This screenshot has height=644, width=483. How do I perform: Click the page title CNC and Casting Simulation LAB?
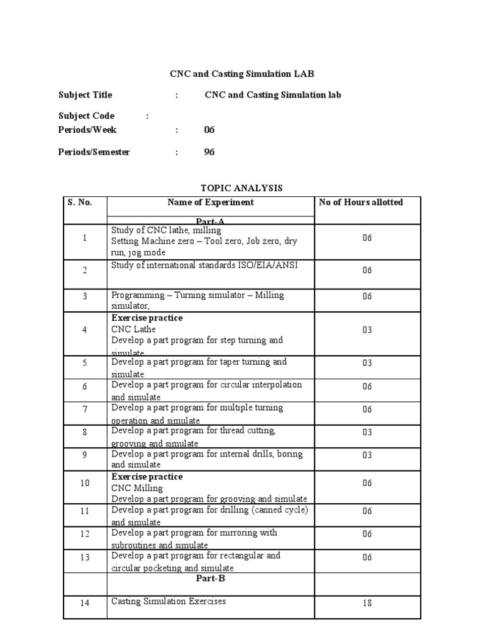pyautogui.click(x=241, y=74)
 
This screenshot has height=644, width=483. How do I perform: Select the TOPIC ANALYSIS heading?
pyautogui.click(x=241, y=188)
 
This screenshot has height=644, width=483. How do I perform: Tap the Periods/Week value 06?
pyautogui.click(x=209, y=130)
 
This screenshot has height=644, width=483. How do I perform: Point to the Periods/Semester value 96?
pyautogui.click(x=209, y=152)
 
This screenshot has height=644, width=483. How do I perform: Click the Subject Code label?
pyautogui.click(x=86, y=116)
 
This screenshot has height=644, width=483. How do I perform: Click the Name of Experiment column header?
pyautogui.click(x=211, y=203)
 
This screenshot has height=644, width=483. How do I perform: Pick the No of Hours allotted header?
pyautogui.click(x=361, y=203)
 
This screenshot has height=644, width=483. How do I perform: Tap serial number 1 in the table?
pyautogui.click(x=84, y=238)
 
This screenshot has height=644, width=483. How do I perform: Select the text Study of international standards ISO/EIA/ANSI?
pyautogui.click(x=204, y=265)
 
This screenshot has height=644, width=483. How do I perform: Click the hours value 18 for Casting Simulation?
pyautogui.click(x=367, y=603)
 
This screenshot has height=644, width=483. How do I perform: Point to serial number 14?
pyautogui.click(x=84, y=603)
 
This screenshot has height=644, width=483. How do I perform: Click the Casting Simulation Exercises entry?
pyautogui.click(x=169, y=601)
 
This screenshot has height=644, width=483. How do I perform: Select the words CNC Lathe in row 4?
pyautogui.click(x=133, y=329)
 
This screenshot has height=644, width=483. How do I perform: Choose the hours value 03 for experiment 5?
pyautogui.click(x=367, y=363)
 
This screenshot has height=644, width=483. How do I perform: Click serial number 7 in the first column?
pyautogui.click(x=84, y=409)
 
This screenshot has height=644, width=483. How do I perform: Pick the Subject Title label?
pyautogui.click(x=86, y=95)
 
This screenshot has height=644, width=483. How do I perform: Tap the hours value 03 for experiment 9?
pyautogui.click(x=367, y=455)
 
